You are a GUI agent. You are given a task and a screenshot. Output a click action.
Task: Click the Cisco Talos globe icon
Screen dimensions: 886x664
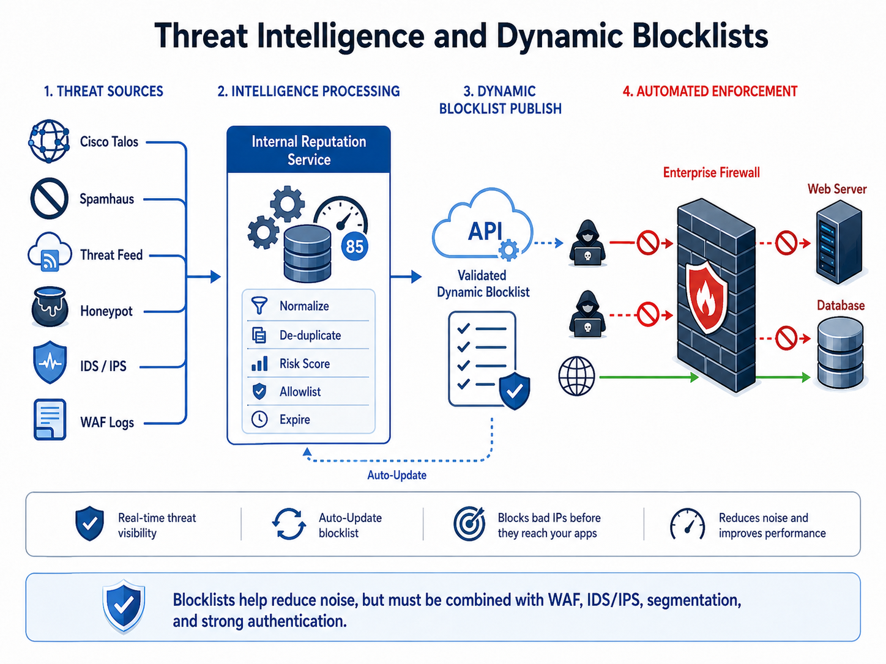(x=49, y=141)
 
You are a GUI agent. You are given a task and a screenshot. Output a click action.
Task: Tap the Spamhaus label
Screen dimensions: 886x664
(x=106, y=199)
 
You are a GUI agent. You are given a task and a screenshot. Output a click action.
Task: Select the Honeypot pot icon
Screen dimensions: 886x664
(x=49, y=307)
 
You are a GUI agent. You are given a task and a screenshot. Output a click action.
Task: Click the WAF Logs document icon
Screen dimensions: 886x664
(x=50, y=419)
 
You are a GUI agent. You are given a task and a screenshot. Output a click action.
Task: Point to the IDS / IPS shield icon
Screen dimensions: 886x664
(x=50, y=362)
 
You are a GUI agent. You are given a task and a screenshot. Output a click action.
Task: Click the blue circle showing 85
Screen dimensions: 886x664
(x=354, y=246)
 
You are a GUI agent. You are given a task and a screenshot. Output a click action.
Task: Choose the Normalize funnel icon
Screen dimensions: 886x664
(x=259, y=306)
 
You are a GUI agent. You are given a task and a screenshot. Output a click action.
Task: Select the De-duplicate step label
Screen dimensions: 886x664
(x=310, y=335)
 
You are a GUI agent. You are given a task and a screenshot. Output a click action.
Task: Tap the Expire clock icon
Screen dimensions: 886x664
(x=259, y=419)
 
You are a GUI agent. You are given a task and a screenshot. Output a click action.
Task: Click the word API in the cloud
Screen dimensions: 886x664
(x=485, y=231)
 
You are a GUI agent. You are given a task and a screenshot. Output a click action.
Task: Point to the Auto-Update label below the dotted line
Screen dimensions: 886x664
(x=396, y=475)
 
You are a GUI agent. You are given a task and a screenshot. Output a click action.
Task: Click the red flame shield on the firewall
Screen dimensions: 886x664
(x=707, y=297)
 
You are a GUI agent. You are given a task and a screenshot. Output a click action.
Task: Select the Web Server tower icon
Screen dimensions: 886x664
(x=839, y=242)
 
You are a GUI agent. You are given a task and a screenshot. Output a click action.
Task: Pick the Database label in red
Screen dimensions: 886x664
(x=840, y=305)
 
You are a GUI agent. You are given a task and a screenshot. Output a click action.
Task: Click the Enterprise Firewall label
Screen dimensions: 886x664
(x=711, y=172)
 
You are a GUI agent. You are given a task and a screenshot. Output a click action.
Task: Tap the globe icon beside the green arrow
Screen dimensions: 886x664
(x=576, y=376)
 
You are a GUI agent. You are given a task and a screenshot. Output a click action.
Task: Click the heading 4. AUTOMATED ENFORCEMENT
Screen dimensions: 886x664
(x=710, y=92)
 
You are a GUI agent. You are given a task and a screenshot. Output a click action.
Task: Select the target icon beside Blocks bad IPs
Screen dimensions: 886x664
(x=469, y=523)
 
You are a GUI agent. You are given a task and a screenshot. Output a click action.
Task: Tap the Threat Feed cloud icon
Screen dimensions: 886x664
(x=49, y=251)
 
